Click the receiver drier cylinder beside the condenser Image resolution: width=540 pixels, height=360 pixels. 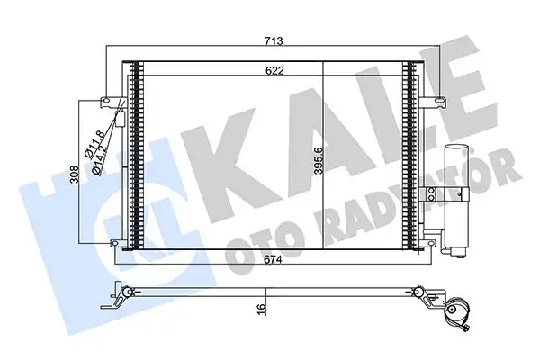[454, 189]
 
